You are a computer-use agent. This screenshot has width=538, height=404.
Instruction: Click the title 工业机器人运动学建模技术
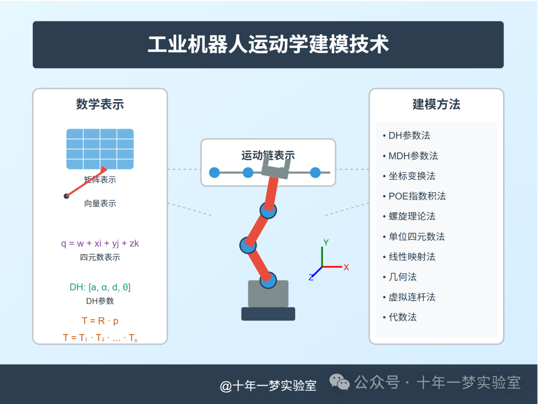(x=268, y=44)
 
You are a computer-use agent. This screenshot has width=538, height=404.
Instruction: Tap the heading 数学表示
(x=100, y=104)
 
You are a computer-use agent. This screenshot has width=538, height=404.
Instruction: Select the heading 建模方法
(x=436, y=104)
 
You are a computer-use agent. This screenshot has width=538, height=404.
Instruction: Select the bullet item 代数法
(x=403, y=317)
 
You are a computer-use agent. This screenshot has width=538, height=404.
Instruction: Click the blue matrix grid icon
(x=100, y=149)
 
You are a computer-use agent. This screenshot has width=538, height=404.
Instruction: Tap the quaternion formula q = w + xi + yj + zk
(x=100, y=244)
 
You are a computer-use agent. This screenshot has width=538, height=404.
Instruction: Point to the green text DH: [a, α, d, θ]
(x=100, y=287)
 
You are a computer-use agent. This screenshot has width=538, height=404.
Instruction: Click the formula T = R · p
(x=100, y=321)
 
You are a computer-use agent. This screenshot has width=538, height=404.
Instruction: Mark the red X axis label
(x=346, y=268)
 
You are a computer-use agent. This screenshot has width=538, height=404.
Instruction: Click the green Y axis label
(x=326, y=243)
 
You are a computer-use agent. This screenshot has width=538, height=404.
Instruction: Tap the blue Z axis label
(x=311, y=277)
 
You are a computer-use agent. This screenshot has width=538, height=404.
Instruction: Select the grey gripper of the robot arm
(x=275, y=167)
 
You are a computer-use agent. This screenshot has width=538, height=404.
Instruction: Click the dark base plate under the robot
(x=268, y=314)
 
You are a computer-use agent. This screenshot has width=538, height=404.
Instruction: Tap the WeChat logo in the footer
(x=340, y=382)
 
